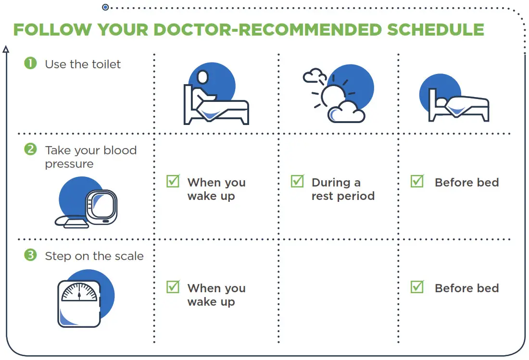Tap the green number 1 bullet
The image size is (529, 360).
(x=30, y=63)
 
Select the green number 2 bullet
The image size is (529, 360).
(x=30, y=149)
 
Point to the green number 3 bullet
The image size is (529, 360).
(x=30, y=255)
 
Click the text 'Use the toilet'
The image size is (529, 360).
(x=83, y=64)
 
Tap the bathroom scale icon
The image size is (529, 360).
(x=79, y=303)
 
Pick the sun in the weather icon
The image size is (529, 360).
(x=331, y=95)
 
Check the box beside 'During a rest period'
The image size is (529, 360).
(x=297, y=181)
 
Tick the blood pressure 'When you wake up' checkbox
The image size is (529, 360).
(x=173, y=181)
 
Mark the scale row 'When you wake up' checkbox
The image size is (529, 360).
(x=173, y=287)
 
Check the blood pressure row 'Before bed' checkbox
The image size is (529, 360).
(x=417, y=181)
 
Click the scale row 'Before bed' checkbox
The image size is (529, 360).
(x=417, y=287)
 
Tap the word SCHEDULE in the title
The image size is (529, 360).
(x=436, y=30)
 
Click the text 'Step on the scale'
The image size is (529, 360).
(x=94, y=256)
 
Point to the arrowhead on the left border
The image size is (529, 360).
(x=6, y=49)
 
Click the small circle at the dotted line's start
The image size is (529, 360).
(x=105, y=7)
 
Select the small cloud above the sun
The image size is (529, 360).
(x=314, y=75)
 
